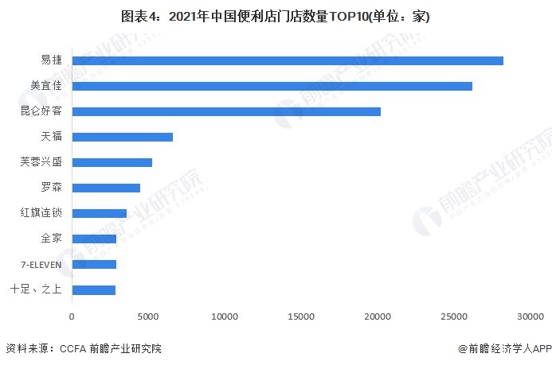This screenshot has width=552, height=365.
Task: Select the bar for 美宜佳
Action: tap(272, 86)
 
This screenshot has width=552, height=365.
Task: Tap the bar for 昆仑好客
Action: tap(226, 111)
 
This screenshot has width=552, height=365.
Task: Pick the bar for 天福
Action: tap(122, 137)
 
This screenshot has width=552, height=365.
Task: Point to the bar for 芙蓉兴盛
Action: tap(112, 162)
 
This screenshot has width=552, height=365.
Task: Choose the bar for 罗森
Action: tap(106, 188)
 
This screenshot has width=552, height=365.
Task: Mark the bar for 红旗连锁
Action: tap(99, 213)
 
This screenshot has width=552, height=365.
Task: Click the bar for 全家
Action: tap(94, 239)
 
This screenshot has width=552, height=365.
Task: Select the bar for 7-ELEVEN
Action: tap(94, 264)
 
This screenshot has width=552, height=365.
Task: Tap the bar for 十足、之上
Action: tap(93, 289)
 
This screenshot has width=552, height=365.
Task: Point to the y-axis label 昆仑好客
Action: tap(41, 111)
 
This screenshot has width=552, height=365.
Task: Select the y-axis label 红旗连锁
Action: tap(41, 213)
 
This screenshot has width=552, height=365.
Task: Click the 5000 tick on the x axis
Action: tap(148, 316)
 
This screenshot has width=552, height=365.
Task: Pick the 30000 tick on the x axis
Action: tap(530, 316)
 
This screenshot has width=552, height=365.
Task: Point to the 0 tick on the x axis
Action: tap(72, 316)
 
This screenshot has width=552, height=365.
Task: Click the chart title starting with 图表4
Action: tap(276, 17)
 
